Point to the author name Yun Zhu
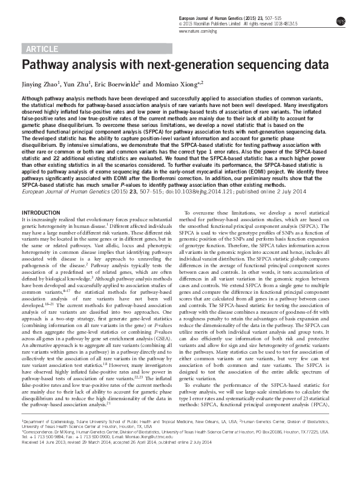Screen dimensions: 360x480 [80, 84]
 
